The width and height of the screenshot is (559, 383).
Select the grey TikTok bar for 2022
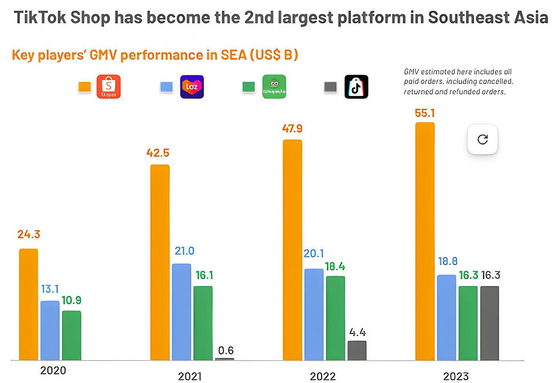pyautogui.click(x=357, y=350)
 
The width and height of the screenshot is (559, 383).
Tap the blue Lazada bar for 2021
pyautogui.click(x=181, y=311)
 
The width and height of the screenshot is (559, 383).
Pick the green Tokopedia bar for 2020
pyautogui.click(x=71, y=335)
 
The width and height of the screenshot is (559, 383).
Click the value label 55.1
pyautogui.click(x=424, y=112)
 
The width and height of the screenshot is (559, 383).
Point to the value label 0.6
pyautogui.click(x=226, y=350)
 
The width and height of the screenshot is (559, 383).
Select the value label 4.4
pyautogui.click(x=357, y=331)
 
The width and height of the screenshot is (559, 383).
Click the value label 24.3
pyautogui.click(x=29, y=235)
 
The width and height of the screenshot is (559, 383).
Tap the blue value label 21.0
pyautogui.click(x=184, y=251)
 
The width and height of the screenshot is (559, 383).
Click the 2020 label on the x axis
pyautogui.click(x=53, y=370)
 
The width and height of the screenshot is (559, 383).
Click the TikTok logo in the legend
pyautogui.click(x=357, y=87)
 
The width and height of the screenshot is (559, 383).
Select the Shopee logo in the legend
pyautogui.click(x=109, y=87)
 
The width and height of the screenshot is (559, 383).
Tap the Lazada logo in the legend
pyautogui.click(x=192, y=87)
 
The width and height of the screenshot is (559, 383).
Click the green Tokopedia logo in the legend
pyautogui.click(x=274, y=87)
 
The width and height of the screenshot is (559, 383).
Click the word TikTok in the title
pyautogui.click(x=38, y=17)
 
